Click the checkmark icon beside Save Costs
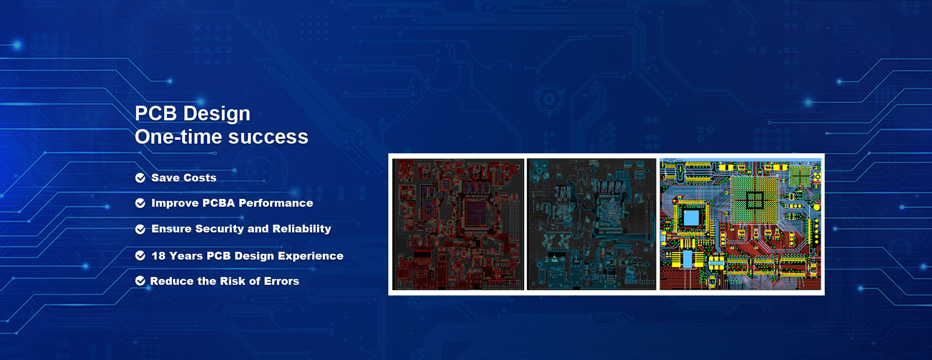pos(140,178)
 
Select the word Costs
pos(200,178)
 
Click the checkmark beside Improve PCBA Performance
pos(140,203)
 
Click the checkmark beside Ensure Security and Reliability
pos(140,229)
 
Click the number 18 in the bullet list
pos(158,256)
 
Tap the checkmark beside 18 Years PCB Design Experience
pos(140,256)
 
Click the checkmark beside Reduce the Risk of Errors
pos(140,281)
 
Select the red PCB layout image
pos(458,224)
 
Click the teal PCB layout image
pos(591,224)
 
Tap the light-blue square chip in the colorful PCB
pos(691,217)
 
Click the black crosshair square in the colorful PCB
pos(754,199)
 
